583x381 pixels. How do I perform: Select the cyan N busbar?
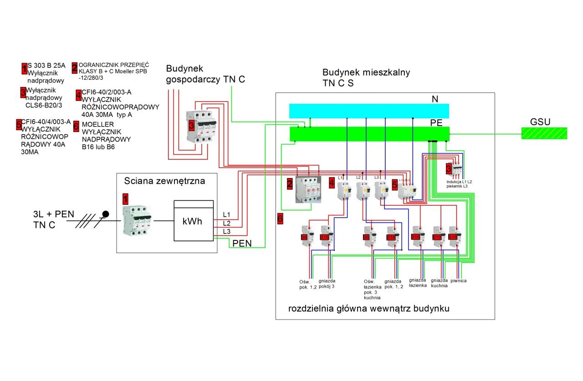[x=369, y=111]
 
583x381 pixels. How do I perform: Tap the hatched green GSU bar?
[x=544, y=133]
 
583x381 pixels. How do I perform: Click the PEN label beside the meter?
[x=242, y=243]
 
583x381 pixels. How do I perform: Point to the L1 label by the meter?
[x=227, y=214]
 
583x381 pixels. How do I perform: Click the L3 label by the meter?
[x=227, y=231]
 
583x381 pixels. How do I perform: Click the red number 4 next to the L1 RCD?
[x=332, y=183]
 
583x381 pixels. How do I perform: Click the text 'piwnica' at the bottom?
[x=458, y=281]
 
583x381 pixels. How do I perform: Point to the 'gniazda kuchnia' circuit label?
[x=439, y=283]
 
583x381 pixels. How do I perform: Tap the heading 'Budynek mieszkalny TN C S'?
[x=366, y=78]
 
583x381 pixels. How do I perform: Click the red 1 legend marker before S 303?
[x=25, y=69]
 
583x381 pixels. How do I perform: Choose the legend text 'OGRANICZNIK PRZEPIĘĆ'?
[x=113, y=65]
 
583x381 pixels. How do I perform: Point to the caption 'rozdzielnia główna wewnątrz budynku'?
[x=369, y=309]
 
